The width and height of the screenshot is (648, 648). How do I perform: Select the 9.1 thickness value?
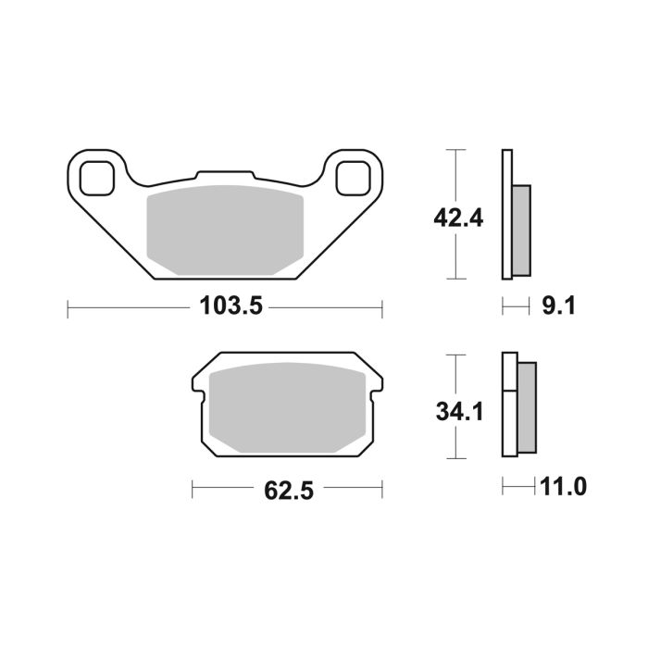tap(557, 305)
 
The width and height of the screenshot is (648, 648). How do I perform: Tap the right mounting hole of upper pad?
tap(353, 177)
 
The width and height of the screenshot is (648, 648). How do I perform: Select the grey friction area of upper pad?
tap(225, 230)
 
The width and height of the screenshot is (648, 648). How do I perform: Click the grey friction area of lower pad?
tap(288, 407)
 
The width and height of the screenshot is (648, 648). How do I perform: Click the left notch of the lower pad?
tap(197, 393)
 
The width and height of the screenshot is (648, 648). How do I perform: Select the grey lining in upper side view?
tap(521, 230)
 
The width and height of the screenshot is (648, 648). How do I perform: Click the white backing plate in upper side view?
tap(506, 213)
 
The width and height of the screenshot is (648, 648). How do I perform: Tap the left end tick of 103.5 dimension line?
tap(68, 306)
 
